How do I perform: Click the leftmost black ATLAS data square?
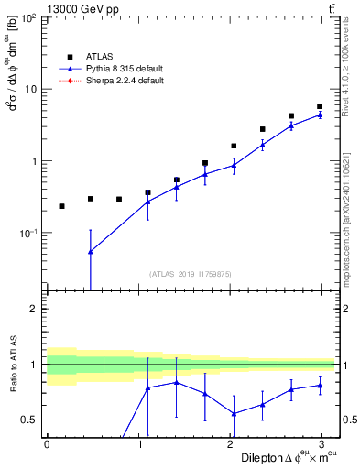pos(61,206)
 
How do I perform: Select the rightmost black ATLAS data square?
pos(320,106)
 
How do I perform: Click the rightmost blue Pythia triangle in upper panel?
pos(320,115)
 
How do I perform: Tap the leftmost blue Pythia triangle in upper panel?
pos(90,251)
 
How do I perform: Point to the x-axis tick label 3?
pos(324,444)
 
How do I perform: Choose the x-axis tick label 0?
pos(47,444)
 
